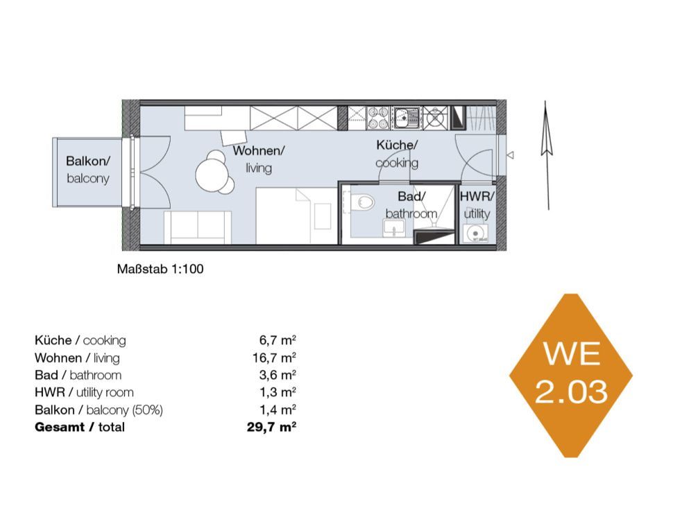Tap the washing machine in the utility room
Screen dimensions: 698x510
[475, 233]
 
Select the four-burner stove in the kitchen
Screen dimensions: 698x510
[377, 118]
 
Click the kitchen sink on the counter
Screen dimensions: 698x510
[405, 117]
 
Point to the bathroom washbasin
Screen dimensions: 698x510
[394, 228]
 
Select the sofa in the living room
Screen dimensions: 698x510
[197, 227]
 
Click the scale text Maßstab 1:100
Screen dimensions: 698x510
[160, 269]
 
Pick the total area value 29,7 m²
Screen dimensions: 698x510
[271, 428]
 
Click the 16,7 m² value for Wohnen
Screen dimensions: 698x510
[274, 358]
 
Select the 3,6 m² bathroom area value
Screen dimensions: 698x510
[278, 375]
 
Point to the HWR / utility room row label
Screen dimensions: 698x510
[84, 393]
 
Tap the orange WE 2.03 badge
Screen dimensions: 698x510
[571, 376]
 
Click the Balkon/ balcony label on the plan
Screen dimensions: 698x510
[87, 169]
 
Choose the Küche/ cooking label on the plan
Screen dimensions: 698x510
[397, 154]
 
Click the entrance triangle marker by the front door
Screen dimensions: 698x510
[511, 155]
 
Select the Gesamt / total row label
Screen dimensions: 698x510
[80, 428]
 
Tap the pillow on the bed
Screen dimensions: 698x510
[323, 216]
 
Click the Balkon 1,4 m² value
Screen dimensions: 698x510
[278, 410]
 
